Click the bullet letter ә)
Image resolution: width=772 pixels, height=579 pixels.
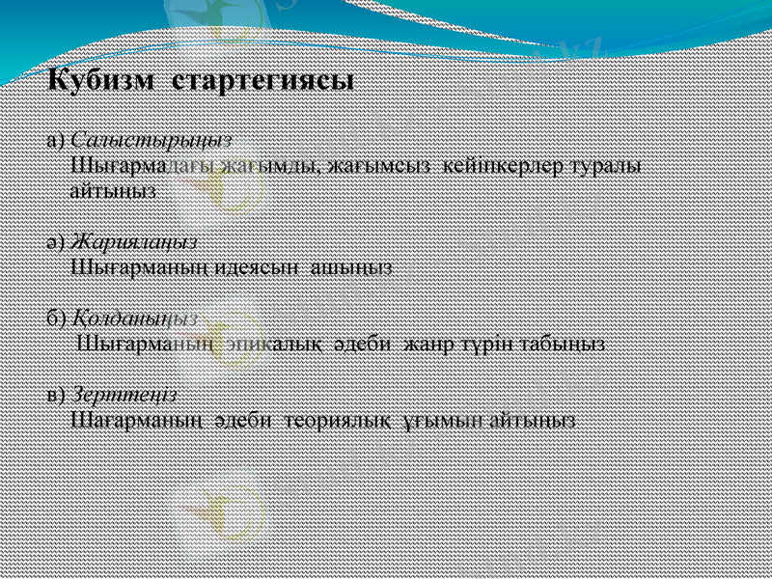click(56, 243)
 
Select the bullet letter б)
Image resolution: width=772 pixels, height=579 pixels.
click(56, 317)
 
